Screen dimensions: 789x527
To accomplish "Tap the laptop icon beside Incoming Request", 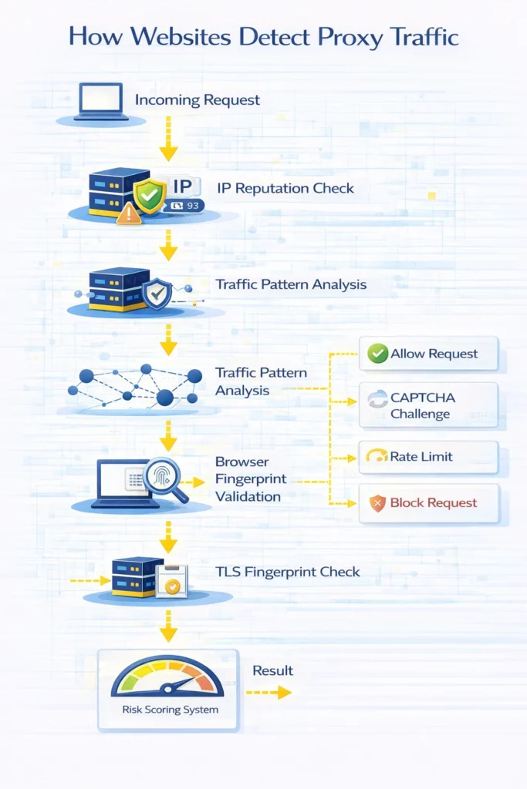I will point(100,100).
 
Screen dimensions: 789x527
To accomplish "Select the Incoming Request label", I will point(198,100).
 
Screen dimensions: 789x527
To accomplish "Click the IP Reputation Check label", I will point(285,187).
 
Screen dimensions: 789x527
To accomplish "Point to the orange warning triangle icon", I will point(129,213).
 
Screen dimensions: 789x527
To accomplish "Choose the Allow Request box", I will point(429,354).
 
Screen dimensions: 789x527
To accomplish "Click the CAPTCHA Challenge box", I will point(429,405).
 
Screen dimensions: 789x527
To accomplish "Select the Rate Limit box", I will point(429,457).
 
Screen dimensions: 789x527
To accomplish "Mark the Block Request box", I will point(429,503).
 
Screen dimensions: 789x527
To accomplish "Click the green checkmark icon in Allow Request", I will point(377,354).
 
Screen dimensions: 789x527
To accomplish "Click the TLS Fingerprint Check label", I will point(288,572).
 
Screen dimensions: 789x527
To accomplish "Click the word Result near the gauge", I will point(273,670).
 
